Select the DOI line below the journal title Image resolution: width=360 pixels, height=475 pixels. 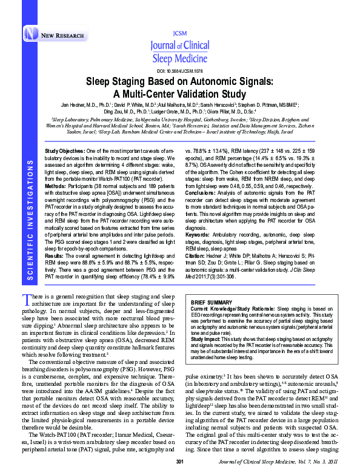(179, 70)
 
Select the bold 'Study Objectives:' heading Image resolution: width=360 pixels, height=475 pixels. (63, 150)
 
